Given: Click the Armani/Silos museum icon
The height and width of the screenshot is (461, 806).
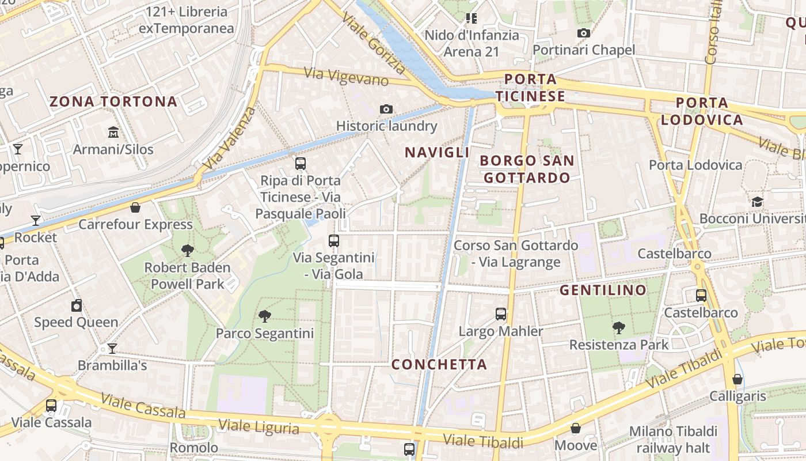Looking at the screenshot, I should (113, 133).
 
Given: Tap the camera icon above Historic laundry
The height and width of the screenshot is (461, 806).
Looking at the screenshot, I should (386, 109).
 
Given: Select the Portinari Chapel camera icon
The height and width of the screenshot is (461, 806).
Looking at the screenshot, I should (584, 33).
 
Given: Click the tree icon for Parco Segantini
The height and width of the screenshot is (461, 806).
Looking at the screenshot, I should (265, 316).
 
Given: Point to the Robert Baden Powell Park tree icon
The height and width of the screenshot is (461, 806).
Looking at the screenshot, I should (187, 250).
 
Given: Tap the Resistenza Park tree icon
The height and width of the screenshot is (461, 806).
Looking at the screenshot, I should (619, 328).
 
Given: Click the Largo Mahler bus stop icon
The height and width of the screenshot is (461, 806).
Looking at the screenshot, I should (501, 314).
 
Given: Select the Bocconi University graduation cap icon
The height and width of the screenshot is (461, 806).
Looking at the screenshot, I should (756, 202).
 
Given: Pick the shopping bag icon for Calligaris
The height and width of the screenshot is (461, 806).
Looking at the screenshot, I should (737, 379).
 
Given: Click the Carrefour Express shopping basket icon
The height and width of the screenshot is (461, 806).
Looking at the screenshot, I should (135, 207).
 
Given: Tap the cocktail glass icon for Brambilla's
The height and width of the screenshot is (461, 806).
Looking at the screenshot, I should (112, 349).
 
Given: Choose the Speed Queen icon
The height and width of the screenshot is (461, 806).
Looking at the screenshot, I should (77, 305).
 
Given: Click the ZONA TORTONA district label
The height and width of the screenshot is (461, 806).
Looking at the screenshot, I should (113, 102).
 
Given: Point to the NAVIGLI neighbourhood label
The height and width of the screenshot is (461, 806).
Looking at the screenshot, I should (437, 153).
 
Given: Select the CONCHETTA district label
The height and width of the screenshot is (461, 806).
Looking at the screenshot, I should (439, 364).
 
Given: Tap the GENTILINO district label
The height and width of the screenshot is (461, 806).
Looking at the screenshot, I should (603, 290).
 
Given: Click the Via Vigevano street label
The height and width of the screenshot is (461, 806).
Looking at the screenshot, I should (346, 77).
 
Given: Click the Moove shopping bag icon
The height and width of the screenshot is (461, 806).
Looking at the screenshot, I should (576, 428).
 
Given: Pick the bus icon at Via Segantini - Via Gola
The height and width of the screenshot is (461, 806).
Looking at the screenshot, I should (334, 241).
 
